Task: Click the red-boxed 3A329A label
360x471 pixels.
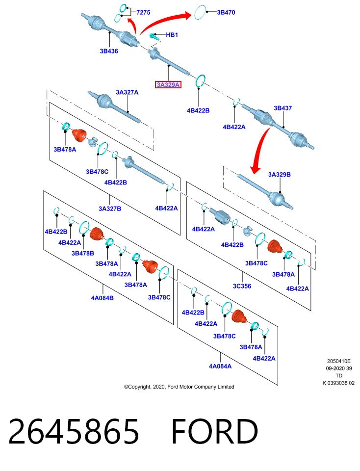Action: [x=168, y=85]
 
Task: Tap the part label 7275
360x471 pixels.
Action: [x=143, y=12]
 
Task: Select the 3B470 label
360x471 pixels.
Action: [x=226, y=12]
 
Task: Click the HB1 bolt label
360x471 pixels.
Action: [x=172, y=35]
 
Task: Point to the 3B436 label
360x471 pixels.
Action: [x=109, y=51]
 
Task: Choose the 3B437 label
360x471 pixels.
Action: [x=283, y=108]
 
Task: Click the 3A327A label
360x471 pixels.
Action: [x=127, y=92]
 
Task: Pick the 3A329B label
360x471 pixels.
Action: [x=279, y=175]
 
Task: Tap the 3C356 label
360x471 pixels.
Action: [x=242, y=286]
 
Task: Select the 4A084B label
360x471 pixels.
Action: [x=102, y=298]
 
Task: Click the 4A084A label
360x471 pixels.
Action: [x=220, y=366]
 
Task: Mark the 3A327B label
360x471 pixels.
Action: [x=110, y=209]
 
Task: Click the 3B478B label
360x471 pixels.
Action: [x=82, y=253]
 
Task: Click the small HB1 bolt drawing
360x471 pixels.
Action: [x=154, y=36]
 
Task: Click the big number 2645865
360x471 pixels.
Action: [x=74, y=431]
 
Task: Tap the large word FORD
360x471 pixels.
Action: [x=214, y=431]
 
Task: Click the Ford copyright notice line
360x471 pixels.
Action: [x=179, y=387]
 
